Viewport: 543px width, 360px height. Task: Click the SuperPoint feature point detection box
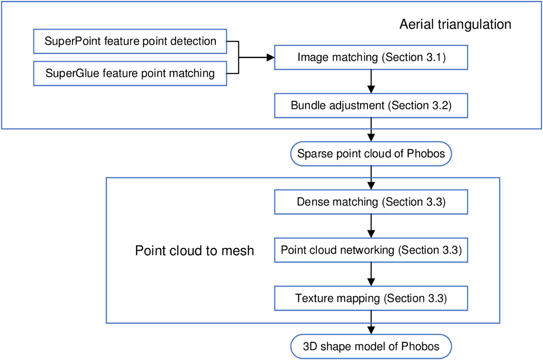coord(130,42)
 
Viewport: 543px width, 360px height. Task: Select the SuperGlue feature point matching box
coord(130,73)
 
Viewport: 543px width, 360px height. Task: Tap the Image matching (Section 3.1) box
coord(371,58)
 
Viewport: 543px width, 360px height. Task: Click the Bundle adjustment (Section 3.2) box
coord(371,106)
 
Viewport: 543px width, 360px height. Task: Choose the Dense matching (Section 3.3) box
coord(371,202)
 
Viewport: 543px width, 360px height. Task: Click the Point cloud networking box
coord(371,251)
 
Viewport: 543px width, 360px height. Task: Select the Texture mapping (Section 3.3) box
coord(371,298)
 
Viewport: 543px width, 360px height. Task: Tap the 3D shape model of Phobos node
coord(371,347)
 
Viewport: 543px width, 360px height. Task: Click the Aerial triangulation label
coord(455,24)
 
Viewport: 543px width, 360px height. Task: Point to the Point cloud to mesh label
coord(195,251)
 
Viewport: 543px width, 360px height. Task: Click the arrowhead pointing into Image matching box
coord(271,58)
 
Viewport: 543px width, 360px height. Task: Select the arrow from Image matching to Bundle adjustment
coord(371,82)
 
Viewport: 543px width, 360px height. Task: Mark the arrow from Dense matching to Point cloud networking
coord(371,226)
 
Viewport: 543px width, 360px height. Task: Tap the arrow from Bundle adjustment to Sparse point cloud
coord(371,130)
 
